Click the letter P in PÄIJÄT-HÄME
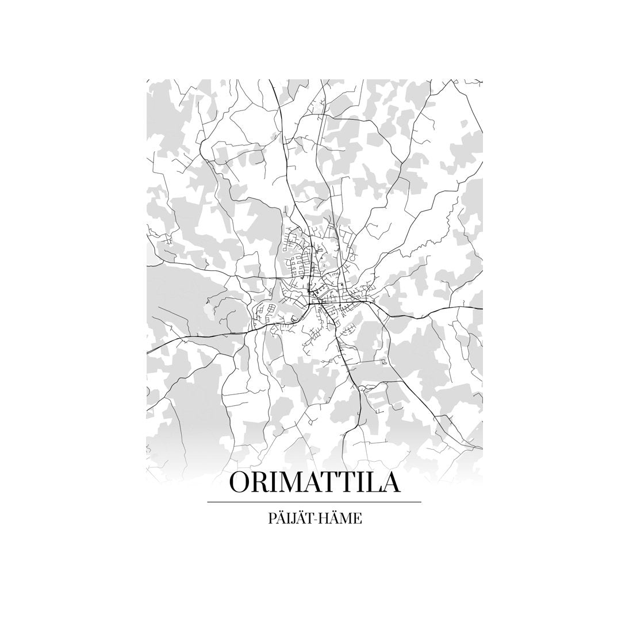(x=271, y=519)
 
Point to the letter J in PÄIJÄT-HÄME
(x=293, y=519)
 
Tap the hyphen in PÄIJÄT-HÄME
(x=314, y=519)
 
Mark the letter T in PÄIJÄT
(x=308, y=519)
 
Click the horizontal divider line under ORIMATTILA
(x=314, y=502)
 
